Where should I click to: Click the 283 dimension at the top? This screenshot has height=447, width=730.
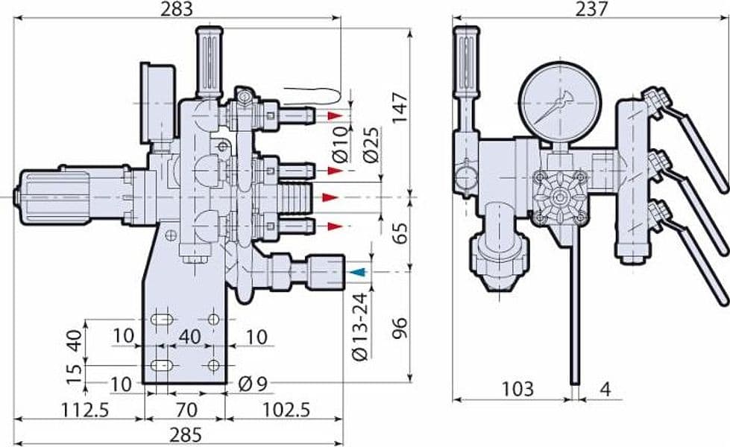[177, 9]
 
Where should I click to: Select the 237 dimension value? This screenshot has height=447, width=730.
[591, 9]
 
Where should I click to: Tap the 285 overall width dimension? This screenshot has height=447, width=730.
[185, 435]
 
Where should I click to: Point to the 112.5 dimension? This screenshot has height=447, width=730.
[85, 410]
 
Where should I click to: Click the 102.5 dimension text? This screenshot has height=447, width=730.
[286, 410]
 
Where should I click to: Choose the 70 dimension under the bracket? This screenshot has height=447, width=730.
[186, 410]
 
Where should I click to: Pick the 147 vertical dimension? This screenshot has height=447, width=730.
[400, 107]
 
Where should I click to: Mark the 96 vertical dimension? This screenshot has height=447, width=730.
[400, 329]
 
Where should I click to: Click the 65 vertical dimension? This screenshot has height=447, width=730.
[400, 233]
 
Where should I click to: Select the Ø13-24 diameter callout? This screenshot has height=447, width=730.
[360, 327]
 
